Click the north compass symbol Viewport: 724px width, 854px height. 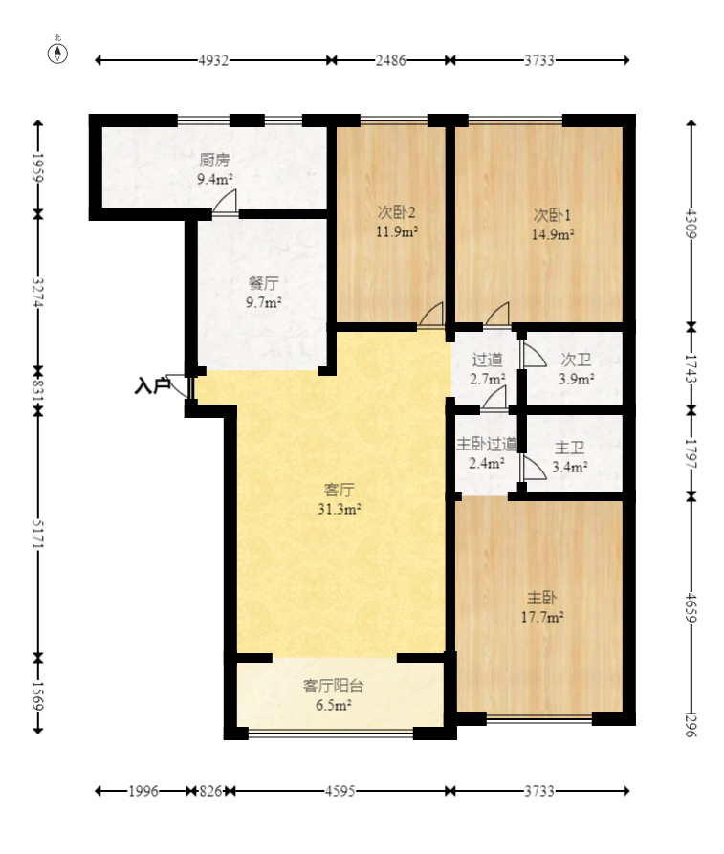[57, 53]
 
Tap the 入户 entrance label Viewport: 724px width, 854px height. [152, 385]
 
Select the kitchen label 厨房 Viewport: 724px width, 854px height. [214, 160]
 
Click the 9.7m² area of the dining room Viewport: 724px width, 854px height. [264, 302]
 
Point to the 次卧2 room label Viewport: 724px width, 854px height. [397, 212]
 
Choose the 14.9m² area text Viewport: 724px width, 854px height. [553, 234]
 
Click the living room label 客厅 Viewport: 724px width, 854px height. [339, 490]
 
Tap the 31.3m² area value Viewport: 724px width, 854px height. [339, 509]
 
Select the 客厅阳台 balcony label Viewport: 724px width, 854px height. [333, 686]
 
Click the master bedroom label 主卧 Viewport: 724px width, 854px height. [541, 598]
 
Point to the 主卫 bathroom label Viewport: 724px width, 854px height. [569, 448]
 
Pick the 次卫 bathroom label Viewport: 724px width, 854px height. [576, 360]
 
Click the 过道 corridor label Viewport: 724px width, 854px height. [487, 360]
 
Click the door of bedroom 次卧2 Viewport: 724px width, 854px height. [430, 315]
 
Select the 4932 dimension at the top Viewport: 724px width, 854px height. [213, 60]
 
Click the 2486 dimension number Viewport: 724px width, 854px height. [390, 60]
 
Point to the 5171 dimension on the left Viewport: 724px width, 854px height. [37, 534]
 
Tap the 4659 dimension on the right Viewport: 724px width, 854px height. [691, 607]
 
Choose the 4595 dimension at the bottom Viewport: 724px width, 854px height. [340, 791]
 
